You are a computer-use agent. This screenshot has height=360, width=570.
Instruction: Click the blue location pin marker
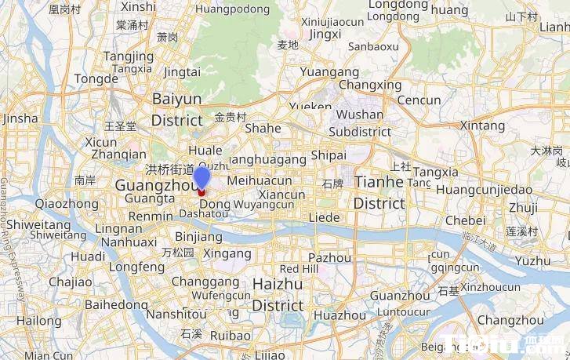[x=201, y=179]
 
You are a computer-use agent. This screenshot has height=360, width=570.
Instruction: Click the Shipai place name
[x=329, y=155]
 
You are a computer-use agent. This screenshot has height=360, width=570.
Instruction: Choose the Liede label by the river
[x=325, y=217]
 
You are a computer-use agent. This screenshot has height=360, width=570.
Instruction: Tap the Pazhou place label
[x=330, y=257]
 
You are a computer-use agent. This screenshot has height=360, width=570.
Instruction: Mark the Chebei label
[x=465, y=220]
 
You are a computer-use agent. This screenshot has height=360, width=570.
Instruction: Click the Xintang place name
[x=482, y=125]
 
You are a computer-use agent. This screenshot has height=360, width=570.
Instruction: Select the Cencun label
[x=419, y=100]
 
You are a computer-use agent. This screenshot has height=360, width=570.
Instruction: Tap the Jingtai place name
[x=182, y=71]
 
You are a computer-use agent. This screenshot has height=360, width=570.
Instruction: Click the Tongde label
[x=96, y=79]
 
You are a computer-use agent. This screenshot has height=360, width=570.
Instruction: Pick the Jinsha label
[x=20, y=118]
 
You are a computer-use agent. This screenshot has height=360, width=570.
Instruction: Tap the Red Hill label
[x=300, y=269]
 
